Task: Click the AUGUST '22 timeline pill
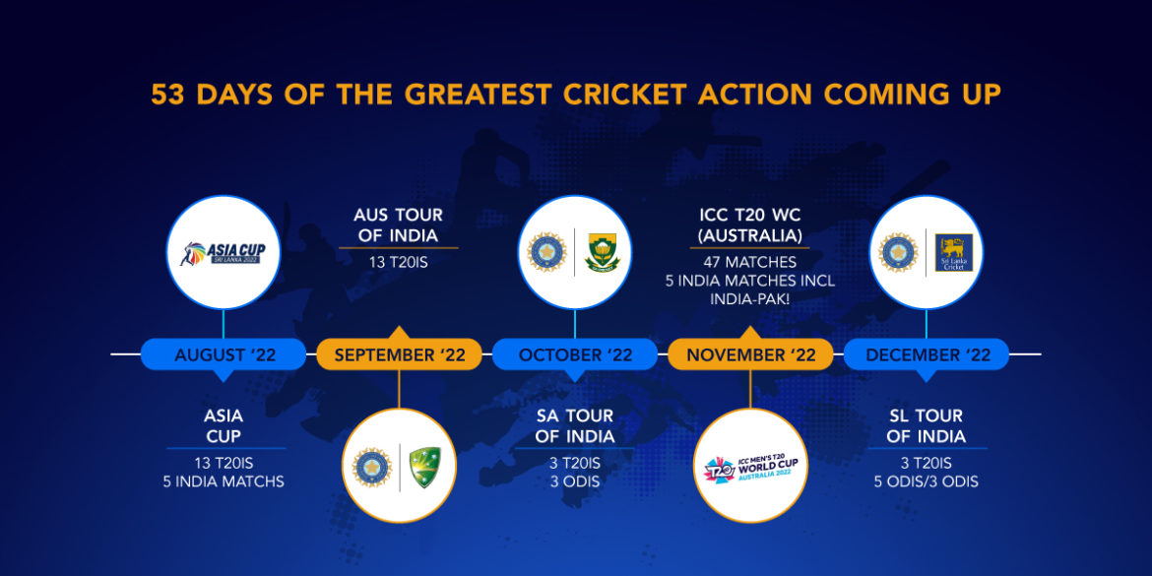[x=224, y=354]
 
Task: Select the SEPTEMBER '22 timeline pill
[x=399, y=354]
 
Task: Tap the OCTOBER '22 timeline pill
[x=575, y=354]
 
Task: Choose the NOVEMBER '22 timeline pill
[x=750, y=354]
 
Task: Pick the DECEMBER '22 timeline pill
[x=927, y=354]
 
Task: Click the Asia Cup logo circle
[x=224, y=253]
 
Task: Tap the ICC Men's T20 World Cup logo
[x=750, y=465]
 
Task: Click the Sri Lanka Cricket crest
[x=952, y=253]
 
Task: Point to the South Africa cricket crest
[x=601, y=253]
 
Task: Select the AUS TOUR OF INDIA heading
[x=398, y=225]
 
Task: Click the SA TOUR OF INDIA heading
[x=575, y=425]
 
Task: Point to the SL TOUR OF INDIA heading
[x=926, y=425]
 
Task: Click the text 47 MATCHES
[x=749, y=263]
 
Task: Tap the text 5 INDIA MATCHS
[x=224, y=481]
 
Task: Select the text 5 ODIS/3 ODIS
[x=926, y=481]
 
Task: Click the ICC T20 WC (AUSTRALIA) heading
[x=749, y=225]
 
